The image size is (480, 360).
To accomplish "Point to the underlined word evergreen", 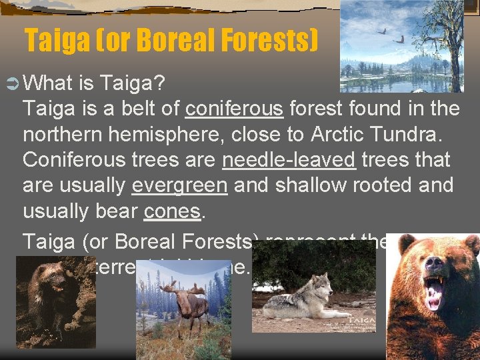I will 179,186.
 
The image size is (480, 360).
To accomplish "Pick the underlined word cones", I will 172,211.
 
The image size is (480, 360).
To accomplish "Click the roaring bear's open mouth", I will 435,293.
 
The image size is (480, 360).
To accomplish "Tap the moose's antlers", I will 175,292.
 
